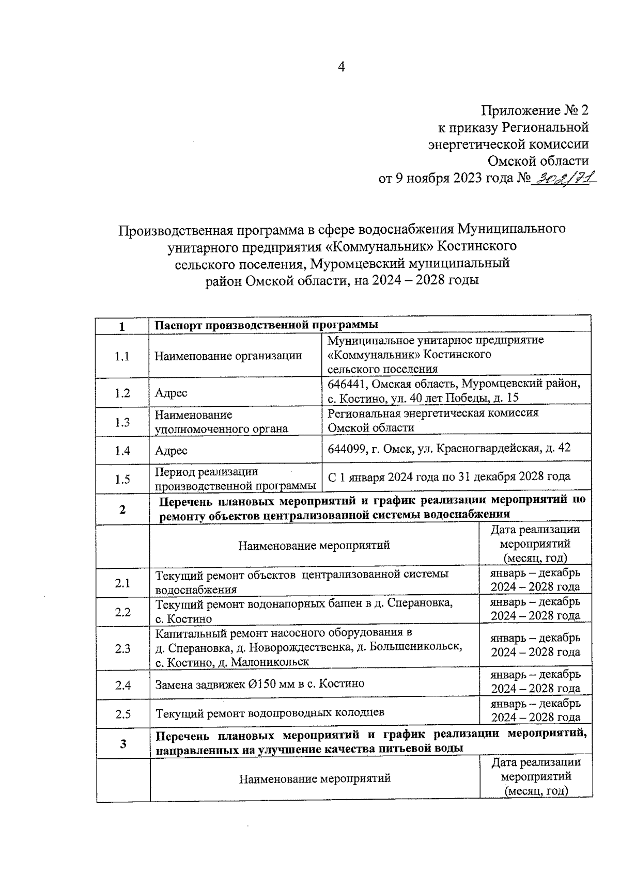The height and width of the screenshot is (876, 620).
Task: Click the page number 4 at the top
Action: [340, 67]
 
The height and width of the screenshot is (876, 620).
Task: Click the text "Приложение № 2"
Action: [535, 110]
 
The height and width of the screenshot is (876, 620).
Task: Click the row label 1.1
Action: [122, 356]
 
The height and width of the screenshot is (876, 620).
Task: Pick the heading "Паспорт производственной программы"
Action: [267, 325]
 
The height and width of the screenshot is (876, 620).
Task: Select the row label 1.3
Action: [122, 422]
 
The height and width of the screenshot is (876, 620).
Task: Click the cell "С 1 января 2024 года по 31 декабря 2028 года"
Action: [449, 476]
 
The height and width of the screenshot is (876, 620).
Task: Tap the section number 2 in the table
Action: [122, 509]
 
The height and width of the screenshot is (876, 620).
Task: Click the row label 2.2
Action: [123, 612]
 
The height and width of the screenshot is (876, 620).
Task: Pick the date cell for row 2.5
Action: [535, 710]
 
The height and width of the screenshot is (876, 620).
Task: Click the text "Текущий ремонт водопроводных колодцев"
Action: [270, 713]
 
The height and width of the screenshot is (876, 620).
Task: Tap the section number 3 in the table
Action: [123, 744]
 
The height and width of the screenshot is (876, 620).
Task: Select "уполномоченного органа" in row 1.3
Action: [221, 429]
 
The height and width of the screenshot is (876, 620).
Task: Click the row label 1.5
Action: [122, 480]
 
